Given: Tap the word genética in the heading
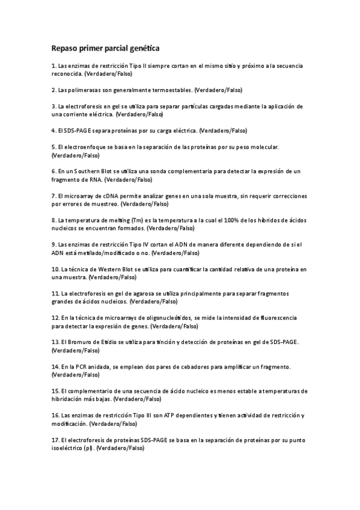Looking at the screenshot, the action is [142, 47].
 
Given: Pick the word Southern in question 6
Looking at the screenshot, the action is [90, 171].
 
